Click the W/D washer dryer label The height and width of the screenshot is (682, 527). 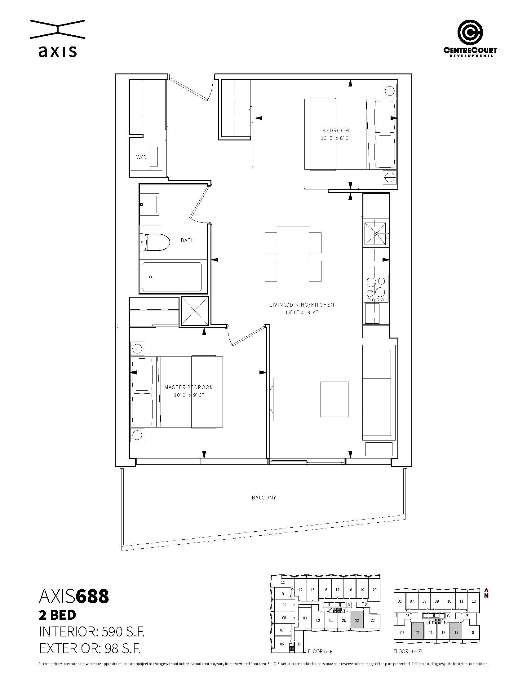point(141,157)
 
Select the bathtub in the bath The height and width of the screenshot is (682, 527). point(172,277)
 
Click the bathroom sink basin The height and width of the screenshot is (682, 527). point(150,204)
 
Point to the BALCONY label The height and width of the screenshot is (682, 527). point(264,498)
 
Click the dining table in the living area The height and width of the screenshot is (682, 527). point(293,257)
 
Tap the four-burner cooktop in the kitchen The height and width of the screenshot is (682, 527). point(376,289)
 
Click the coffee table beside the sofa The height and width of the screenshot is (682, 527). point(334,399)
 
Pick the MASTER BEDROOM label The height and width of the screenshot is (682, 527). point(189,387)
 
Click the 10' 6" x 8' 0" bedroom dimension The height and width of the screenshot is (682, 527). point(336,138)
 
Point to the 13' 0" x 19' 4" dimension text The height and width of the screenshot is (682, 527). point(302,312)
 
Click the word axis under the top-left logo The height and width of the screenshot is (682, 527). point(58,51)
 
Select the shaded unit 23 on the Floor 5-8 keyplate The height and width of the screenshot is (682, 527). point(357,629)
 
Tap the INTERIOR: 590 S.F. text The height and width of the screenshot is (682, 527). point(92,632)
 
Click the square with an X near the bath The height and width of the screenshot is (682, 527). point(195,311)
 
